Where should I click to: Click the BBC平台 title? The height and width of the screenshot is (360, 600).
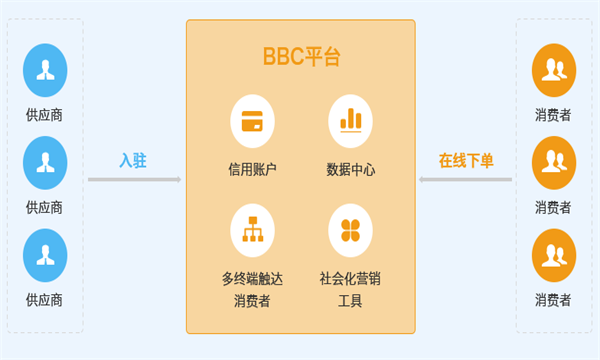[301, 57]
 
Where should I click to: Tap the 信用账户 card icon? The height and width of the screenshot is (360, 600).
[252, 120]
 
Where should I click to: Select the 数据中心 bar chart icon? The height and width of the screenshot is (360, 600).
[350, 120]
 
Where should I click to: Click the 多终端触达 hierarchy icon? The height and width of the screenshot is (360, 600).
[252, 227]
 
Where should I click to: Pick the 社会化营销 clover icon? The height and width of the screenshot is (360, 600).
[350, 227]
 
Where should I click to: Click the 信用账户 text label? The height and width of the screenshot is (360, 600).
[252, 169]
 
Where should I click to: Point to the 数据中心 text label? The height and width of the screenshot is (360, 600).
[350, 169]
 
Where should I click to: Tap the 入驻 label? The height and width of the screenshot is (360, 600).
[133, 160]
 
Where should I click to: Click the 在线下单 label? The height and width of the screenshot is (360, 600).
[466, 160]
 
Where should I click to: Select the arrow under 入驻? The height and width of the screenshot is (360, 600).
[134, 180]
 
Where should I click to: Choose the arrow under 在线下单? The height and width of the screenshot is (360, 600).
[466, 180]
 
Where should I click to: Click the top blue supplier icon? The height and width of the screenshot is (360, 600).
[45, 67]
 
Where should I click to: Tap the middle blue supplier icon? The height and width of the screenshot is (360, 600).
[45, 159]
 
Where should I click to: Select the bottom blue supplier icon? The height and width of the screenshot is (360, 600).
[45, 252]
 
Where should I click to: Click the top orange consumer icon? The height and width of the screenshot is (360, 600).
[553, 67]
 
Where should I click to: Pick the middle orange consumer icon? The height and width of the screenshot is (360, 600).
[553, 159]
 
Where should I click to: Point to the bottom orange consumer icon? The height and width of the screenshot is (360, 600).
[553, 252]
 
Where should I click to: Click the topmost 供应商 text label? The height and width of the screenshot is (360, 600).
[45, 115]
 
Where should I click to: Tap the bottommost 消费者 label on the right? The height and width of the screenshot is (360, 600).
[553, 299]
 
